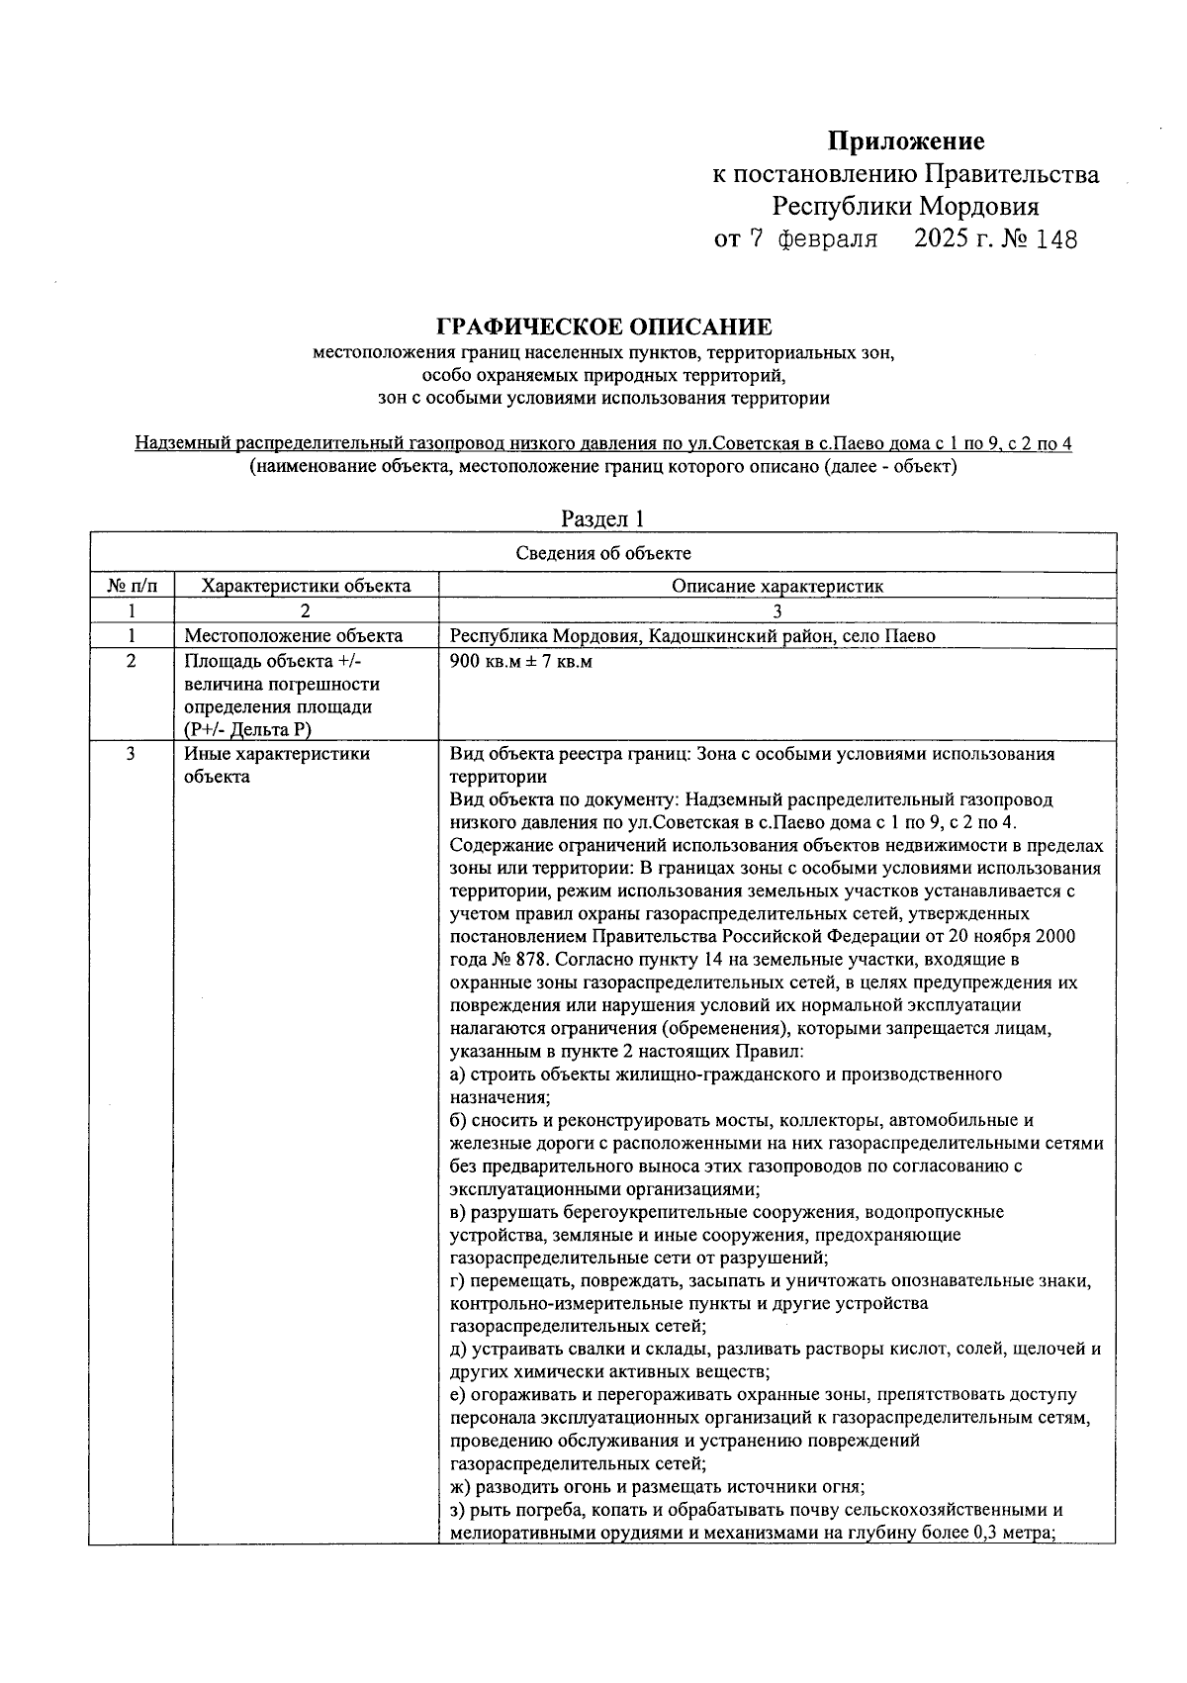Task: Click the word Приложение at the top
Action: coord(906,141)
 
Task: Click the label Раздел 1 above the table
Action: coord(603,518)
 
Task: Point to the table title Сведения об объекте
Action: coord(603,553)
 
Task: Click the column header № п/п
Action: coord(131,586)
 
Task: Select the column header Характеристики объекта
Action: coord(306,586)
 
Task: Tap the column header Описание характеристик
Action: coord(777,586)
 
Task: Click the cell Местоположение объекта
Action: coord(294,636)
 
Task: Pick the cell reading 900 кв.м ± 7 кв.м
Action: coord(520,661)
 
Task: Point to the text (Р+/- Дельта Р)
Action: coord(247,730)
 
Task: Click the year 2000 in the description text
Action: coord(1054,937)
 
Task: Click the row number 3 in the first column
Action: coord(131,754)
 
